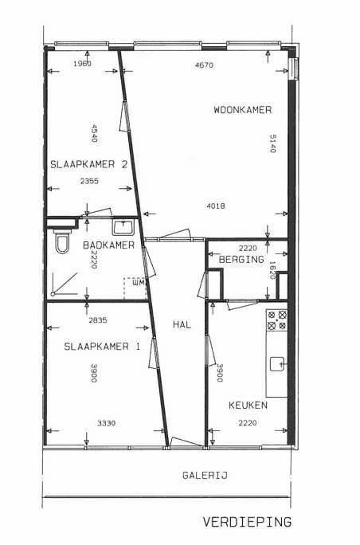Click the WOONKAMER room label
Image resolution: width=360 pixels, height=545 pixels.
(243, 110)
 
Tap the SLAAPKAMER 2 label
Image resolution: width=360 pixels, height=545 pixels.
(89, 164)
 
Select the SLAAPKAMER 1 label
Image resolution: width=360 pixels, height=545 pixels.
(102, 347)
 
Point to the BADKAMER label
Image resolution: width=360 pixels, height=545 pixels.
(108, 245)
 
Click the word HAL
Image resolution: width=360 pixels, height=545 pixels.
(182, 324)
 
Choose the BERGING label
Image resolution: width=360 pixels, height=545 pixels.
(241, 259)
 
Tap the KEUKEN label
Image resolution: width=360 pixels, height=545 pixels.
(248, 406)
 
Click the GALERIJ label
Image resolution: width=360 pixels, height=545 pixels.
(205, 475)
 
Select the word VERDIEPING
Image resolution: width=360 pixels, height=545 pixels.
(247, 522)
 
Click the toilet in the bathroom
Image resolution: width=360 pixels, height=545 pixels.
(62, 241)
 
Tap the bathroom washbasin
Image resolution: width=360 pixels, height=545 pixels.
(123, 226)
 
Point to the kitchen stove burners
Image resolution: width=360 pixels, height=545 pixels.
(277, 320)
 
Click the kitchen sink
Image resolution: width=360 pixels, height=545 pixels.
(278, 364)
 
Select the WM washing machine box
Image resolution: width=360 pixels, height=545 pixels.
(135, 288)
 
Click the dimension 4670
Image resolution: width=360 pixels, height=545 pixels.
(204, 65)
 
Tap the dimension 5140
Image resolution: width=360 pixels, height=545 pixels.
(272, 143)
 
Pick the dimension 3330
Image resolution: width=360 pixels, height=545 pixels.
(107, 423)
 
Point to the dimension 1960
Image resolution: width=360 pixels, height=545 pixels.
(82, 63)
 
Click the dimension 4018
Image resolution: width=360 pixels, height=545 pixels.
(216, 206)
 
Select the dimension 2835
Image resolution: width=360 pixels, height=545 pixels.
(98, 320)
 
